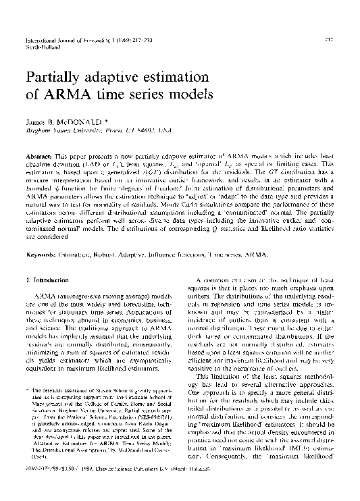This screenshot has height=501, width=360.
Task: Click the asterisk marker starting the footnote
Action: coord(27,390)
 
